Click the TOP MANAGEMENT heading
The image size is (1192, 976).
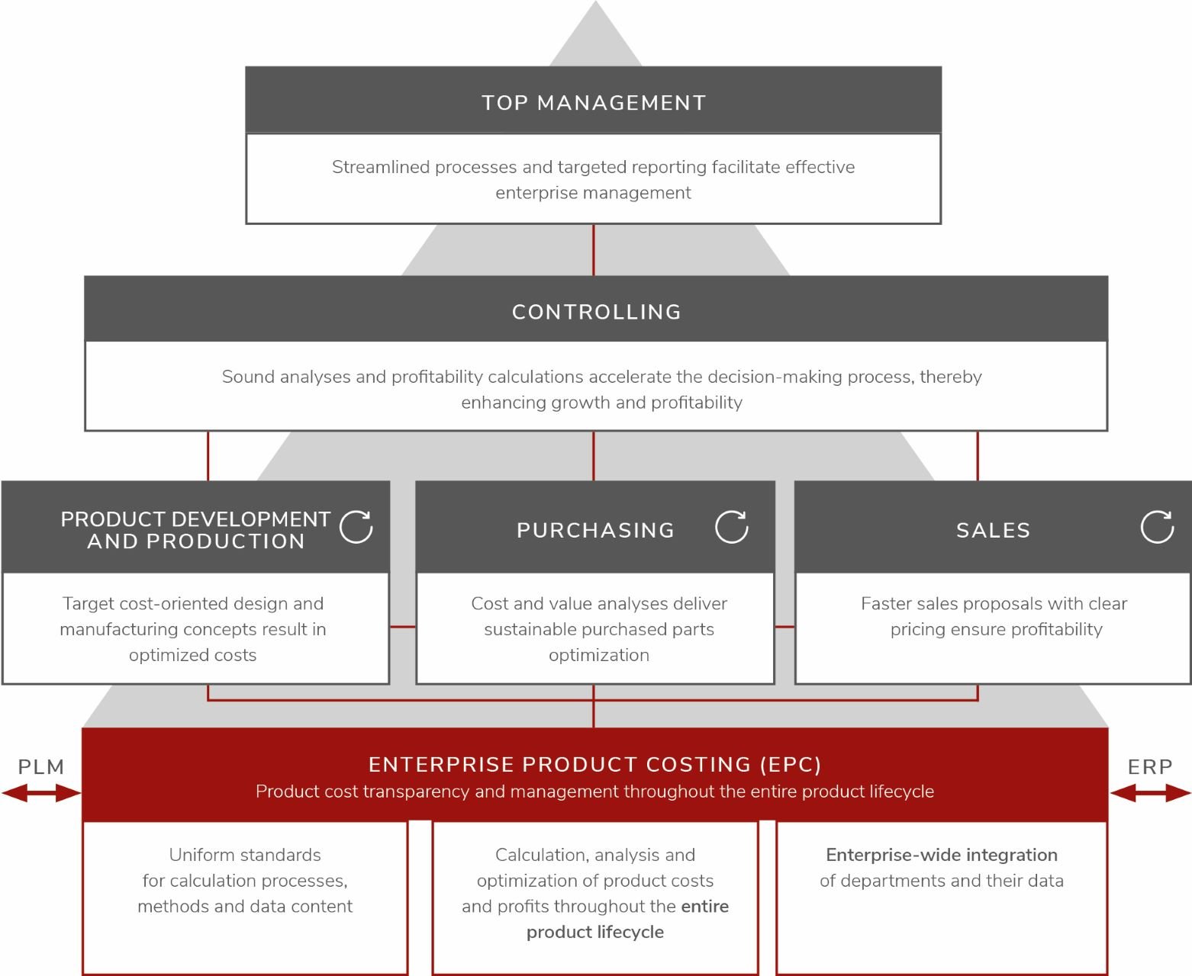pyautogui.click(x=594, y=103)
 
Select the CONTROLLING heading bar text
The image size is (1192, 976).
pyautogui.click(x=596, y=312)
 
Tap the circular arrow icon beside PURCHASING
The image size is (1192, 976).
pyautogui.click(x=731, y=527)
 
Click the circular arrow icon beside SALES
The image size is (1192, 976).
pyautogui.click(x=1157, y=527)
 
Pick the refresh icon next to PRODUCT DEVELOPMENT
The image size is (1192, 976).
pyautogui.click(x=356, y=527)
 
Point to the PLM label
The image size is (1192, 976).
pyautogui.click(x=41, y=767)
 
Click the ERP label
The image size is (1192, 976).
pyautogui.click(x=1150, y=767)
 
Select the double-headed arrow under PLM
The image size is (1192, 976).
pyautogui.click(x=41, y=794)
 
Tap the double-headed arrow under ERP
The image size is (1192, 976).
pyautogui.click(x=1150, y=794)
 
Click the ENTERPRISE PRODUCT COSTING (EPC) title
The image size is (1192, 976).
pyautogui.click(x=594, y=765)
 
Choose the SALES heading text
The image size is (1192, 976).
pyautogui.click(x=993, y=531)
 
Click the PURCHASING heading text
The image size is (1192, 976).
pyautogui.click(x=595, y=531)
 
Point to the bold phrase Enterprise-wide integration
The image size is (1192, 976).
pyautogui.click(x=941, y=855)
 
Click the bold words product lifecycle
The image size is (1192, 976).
pyautogui.click(x=594, y=932)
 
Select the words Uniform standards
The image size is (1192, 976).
pyautogui.click(x=245, y=855)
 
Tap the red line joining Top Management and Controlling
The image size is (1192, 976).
pyautogui.click(x=594, y=250)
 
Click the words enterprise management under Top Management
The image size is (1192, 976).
pyautogui.click(x=593, y=193)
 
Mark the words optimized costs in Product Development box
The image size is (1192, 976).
pyautogui.click(x=192, y=655)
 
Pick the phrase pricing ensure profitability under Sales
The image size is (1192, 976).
pyautogui.click(x=996, y=629)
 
